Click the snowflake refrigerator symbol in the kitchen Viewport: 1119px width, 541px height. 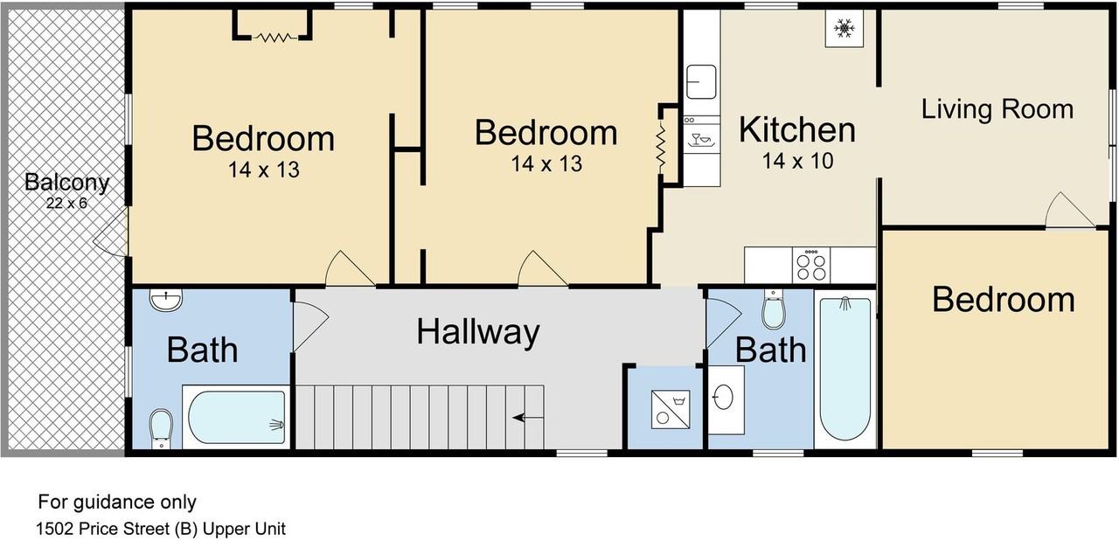coord(844,29)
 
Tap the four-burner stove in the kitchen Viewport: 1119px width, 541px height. coord(811,265)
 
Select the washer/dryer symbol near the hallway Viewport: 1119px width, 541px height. coord(671,410)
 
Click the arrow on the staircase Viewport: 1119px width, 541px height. coord(527,418)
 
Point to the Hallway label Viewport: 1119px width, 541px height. coord(478,332)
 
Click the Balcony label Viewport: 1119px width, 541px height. coord(67,183)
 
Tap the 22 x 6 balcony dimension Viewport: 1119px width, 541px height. coord(67,204)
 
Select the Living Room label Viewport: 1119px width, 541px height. coord(997,109)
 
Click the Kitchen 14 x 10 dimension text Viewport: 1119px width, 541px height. coord(797,161)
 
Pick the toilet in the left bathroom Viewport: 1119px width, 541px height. coord(161,428)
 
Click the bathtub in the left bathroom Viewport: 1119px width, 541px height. coord(236,417)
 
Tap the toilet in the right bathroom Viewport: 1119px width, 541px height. coord(774,309)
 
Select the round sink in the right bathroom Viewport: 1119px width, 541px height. coord(723,399)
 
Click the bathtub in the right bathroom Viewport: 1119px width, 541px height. coord(844,369)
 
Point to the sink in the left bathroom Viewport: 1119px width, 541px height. coord(166,301)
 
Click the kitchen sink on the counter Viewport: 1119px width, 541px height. coord(701,82)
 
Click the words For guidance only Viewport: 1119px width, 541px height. coord(117,502)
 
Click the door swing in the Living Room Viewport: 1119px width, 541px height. coord(1069,211)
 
